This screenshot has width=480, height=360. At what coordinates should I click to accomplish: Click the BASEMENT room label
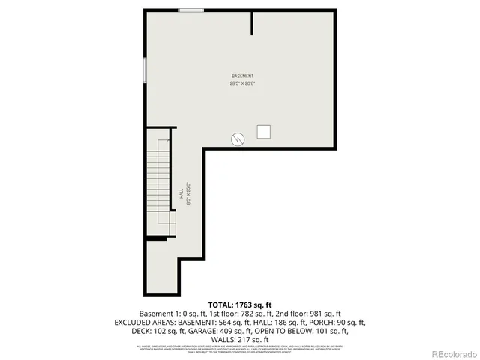pyautogui.click(x=242, y=76)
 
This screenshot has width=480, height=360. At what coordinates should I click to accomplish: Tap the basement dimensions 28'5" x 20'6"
pyautogui.click(x=242, y=83)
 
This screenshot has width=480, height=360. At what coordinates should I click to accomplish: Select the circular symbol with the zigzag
pyautogui.click(x=238, y=139)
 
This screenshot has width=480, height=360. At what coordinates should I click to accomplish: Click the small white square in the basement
pyautogui.click(x=263, y=131)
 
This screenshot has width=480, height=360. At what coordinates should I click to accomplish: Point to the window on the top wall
pyautogui.click(x=190, y=10)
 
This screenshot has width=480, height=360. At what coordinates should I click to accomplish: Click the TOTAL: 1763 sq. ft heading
pyautogui.click(x=240, y=304)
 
